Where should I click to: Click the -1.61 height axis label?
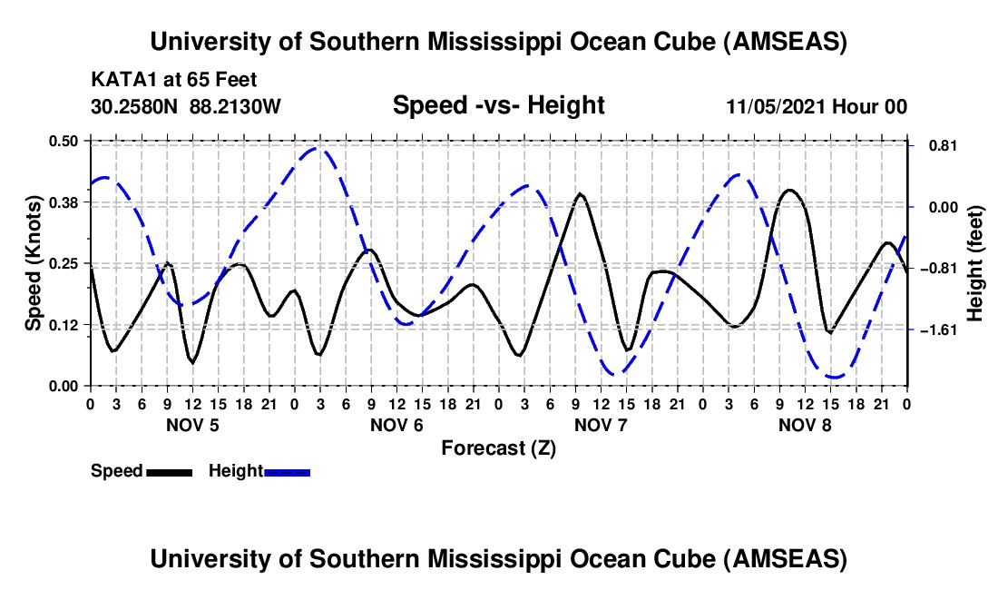[934, 329]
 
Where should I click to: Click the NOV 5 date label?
[191, 425]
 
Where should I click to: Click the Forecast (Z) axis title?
[498, 447]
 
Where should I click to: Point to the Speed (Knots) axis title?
[33, 263]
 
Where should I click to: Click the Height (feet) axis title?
[975, 263]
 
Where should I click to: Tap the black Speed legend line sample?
[168, 471]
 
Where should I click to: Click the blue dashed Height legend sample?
[288, 471]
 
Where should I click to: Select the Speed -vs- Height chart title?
[498, 105]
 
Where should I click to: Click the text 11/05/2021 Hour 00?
[817, 107]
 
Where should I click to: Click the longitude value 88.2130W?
[236, 106]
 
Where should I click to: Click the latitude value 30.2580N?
[135, 106]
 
